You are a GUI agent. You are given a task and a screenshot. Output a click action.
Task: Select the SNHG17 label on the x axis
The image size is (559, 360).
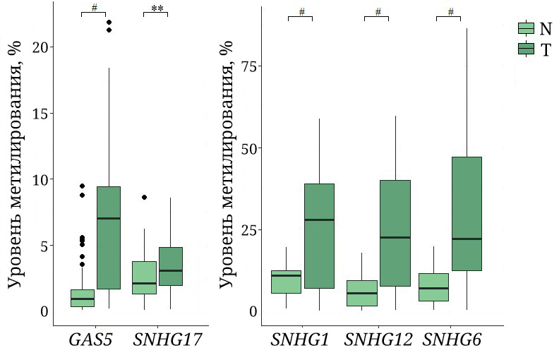168,340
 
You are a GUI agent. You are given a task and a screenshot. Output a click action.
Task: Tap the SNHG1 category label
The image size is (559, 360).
299,340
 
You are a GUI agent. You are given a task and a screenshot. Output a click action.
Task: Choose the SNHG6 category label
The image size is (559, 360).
452,340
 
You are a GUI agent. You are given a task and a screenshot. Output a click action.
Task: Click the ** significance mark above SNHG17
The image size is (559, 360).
157,9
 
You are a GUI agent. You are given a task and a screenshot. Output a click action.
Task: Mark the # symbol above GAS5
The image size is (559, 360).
94,9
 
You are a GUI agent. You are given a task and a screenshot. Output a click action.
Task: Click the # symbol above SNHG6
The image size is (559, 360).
450,12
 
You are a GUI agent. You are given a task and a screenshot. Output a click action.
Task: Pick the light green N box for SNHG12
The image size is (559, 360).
362,293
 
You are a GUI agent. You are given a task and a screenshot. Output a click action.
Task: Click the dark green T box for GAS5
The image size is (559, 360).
108,238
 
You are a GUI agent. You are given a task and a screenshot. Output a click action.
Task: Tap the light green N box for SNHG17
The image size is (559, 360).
144,277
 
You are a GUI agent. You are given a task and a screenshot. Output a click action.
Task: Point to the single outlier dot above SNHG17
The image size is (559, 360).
144,198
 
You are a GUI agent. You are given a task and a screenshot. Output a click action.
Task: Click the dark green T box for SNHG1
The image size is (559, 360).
319,236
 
